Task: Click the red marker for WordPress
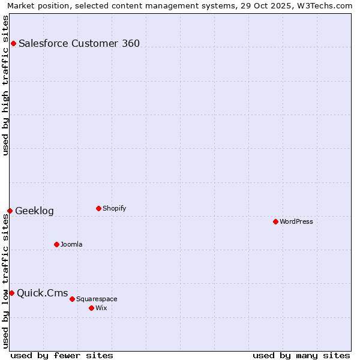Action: (275, 221)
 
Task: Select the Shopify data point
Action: (98, 208)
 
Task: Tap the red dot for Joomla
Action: (56, 244)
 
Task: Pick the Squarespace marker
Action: (72, 299)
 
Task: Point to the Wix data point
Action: (91, 308)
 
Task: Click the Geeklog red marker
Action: (10, 211)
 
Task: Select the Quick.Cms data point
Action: (11, 293)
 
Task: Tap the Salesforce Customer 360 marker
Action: (13, 43)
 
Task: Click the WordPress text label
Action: (296, 221)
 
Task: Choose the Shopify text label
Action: (114, 208)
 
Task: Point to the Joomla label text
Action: (71, 244)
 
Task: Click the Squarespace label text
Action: (97, 299)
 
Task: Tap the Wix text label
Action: (101, 308)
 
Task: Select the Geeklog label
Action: (34, 211)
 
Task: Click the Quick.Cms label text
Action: (42, 293)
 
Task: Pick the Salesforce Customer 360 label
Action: (79, 43)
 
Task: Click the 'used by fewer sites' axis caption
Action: (62, 355)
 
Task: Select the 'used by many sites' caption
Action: (301, 355)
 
